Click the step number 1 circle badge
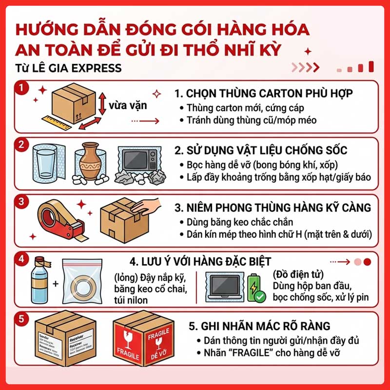pos(20,88)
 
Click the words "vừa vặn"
pos(128,105)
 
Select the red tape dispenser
pos(56,216)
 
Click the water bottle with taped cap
pos(40,280)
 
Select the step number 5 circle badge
pos(20,320)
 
